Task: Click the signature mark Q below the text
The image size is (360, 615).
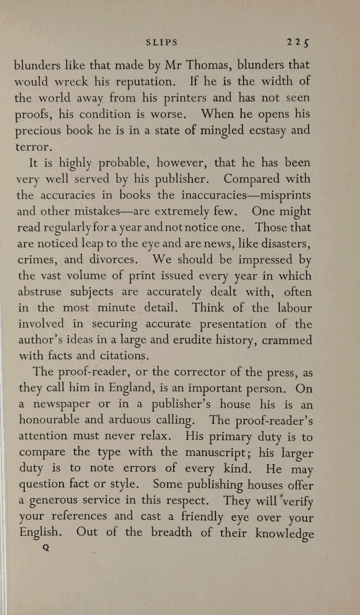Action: click(46, 548)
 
